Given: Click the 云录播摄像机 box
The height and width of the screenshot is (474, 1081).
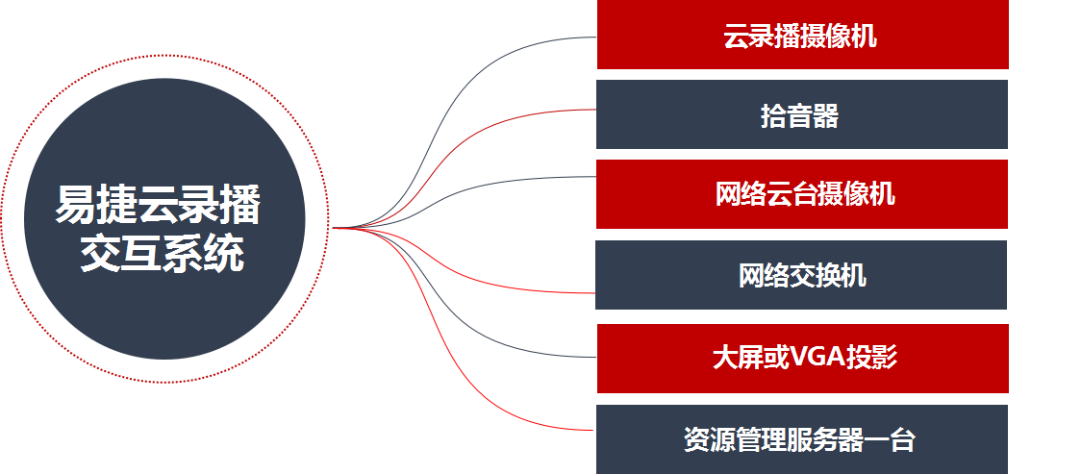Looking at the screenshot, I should point(802,37).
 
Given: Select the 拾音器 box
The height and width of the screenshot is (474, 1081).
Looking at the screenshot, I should point(802,115).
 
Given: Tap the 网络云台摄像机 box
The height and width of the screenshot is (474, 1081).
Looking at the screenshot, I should point(802,194).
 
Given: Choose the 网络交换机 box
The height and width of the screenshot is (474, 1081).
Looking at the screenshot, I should point(801,275).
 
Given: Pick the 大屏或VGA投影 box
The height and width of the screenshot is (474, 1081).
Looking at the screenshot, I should point(802,359).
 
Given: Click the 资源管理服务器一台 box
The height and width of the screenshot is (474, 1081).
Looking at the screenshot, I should point(802,439).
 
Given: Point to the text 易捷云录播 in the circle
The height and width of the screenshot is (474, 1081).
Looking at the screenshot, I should point(158,206).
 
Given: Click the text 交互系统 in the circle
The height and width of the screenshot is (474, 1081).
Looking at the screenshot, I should point(162,255).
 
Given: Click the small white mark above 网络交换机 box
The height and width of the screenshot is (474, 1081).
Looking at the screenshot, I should point(663,235).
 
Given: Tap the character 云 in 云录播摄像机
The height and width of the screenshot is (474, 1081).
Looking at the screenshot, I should point(736,37).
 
